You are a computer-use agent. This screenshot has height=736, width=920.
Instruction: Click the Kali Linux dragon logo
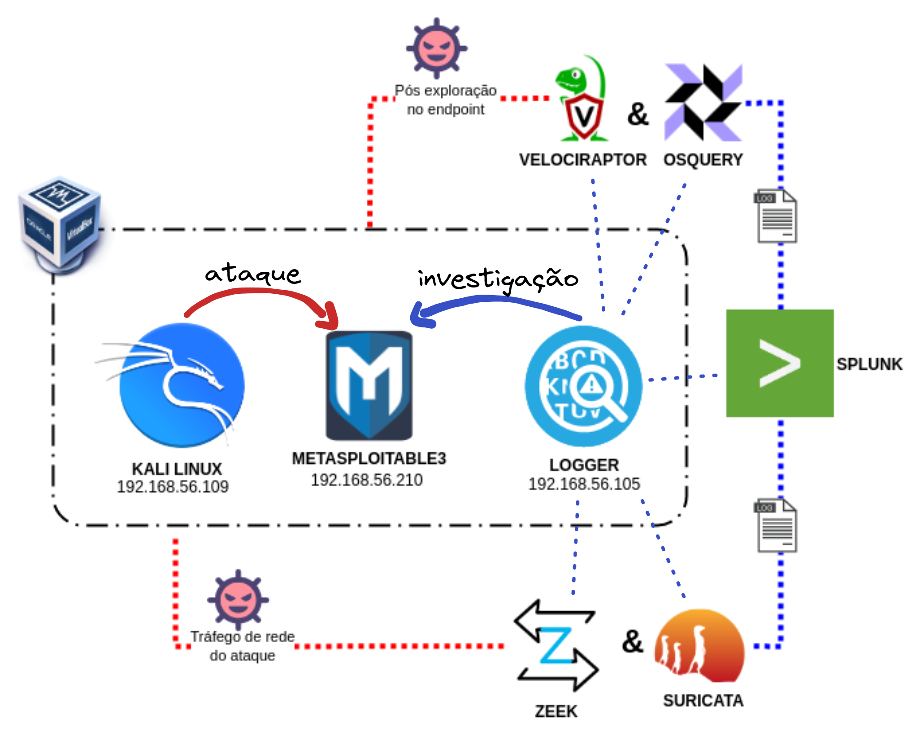[182, 385]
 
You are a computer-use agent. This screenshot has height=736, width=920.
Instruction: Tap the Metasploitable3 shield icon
[369, 385]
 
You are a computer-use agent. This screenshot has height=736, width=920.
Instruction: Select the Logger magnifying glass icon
[584, 386]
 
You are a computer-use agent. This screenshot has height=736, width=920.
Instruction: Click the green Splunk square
[780, 363]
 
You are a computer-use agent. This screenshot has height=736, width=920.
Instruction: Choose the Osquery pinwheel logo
[703, 102]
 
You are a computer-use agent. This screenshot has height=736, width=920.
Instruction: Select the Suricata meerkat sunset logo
[699, 646]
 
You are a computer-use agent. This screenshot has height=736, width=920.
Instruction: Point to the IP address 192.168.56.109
[173, 487]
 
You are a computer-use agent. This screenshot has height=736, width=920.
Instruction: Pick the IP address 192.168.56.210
[367, 480]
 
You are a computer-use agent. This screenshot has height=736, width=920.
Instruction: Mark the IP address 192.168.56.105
[584, 484]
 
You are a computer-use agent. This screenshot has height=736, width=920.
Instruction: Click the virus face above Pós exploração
[437, 48]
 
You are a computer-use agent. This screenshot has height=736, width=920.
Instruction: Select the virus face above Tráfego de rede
[238, 600]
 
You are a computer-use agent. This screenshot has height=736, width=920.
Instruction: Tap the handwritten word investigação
[498, 279]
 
